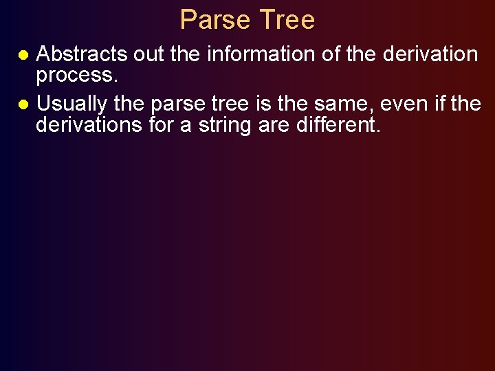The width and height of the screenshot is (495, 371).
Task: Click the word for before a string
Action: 167,125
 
